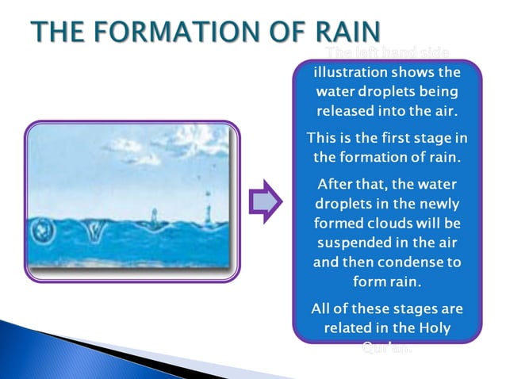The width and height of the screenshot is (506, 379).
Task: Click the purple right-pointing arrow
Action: tap(266, 202)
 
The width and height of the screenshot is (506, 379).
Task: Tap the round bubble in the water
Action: tap(42, 231)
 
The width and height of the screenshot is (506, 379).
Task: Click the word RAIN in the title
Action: tap(337, 33)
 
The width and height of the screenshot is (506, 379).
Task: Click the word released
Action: tap(349, 109)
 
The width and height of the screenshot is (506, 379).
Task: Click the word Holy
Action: tap(433, 327)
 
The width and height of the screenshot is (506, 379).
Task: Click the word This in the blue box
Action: tap(323, 138)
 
